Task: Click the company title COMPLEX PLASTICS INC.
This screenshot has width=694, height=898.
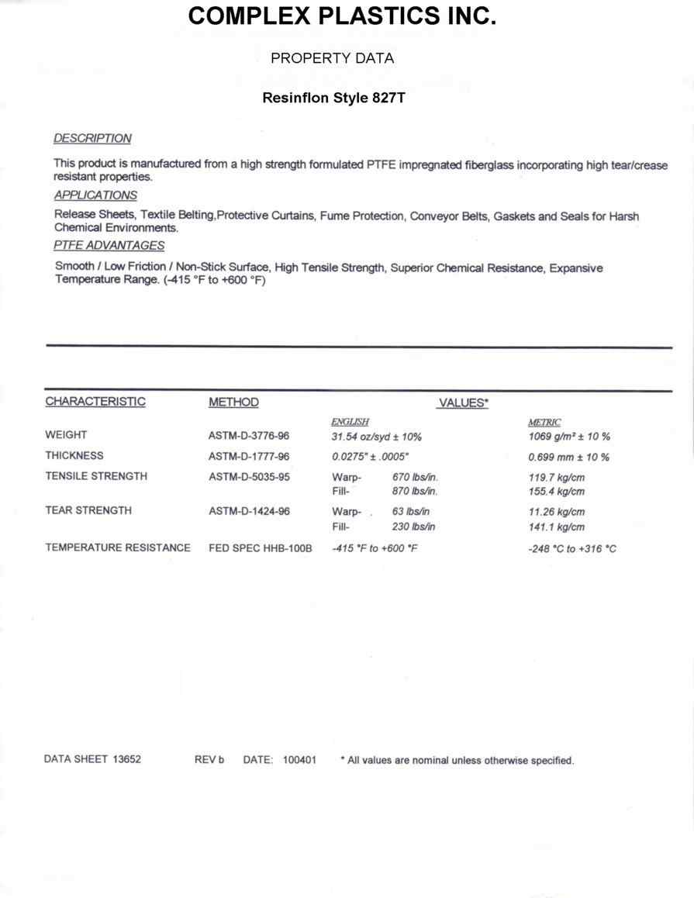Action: pos(342,16)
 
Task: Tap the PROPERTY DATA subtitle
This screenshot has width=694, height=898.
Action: pos(332,58)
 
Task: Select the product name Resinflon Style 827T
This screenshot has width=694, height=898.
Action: pos(333,99)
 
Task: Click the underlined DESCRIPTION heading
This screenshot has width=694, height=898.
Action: pos(92,138)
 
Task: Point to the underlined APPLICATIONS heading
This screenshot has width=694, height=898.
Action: pos(95,195)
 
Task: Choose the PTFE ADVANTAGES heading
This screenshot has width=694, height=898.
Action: pos(109,246)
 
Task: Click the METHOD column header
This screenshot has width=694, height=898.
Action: pos(233,402)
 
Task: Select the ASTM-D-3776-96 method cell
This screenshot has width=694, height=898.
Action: pos(249,436)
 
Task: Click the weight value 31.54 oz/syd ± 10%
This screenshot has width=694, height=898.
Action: pos(376,437)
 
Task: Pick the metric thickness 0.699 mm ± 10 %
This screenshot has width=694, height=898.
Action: pos(568,457)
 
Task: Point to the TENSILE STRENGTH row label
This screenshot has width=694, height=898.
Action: pos(96,476)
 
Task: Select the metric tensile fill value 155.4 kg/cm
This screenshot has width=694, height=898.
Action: pos(556,492)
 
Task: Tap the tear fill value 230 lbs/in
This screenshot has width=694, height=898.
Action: pos(414,527)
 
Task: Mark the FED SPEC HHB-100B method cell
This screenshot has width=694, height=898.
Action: pos(260,548)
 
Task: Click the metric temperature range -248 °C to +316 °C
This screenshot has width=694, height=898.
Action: pos(572,549)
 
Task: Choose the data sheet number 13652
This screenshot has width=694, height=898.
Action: pos(124,760)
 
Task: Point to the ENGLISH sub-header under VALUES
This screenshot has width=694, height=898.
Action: pos(350,421)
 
